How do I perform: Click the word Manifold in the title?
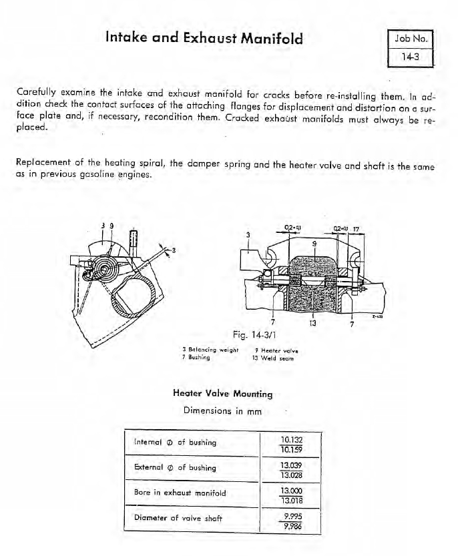click(x=265, y=38)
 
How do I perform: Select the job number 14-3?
click(x=410, y=57)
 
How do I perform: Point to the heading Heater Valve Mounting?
click(x=222, y=394)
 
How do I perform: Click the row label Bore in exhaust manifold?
click(x=180, y=493)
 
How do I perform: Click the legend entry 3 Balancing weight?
click(x=206, y=349)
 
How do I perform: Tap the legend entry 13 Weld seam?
click(x=272, y=357)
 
